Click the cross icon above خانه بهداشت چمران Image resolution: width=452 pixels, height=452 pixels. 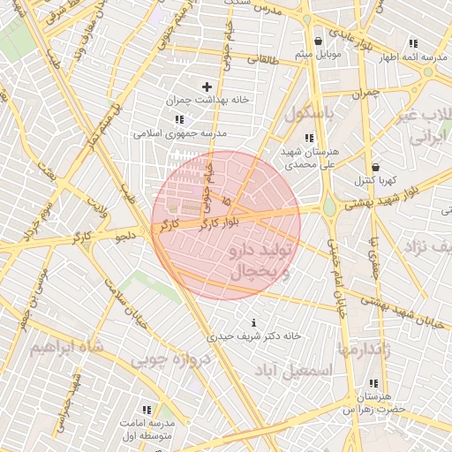(207, 87)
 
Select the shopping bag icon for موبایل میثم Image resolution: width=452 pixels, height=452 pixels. (318, 41)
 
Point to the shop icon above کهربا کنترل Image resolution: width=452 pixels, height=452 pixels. (376, 167)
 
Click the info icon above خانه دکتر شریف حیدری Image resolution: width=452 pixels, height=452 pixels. (255, 322)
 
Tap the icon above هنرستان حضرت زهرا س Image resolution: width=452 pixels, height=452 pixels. (373, 383)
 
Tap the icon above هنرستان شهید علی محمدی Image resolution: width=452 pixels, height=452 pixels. (308, 138)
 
